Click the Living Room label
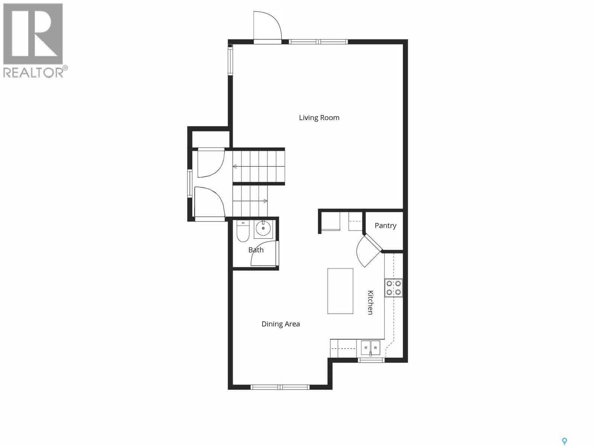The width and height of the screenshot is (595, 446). (319, 118)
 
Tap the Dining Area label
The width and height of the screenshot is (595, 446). (280, 324)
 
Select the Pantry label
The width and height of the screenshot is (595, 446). (385, 226)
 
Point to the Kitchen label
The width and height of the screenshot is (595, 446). (370, 302)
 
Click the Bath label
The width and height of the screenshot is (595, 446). (256, 250)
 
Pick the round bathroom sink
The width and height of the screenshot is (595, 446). (263, 229)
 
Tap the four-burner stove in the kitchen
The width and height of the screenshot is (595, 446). (393, 287)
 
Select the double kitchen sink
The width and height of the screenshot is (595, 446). (371, 348)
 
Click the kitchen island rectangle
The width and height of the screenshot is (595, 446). (340, 291)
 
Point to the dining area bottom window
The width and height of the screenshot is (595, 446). (280, 387)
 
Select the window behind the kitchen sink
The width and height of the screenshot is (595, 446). (371, 360)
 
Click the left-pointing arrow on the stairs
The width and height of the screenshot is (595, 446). (235, 167)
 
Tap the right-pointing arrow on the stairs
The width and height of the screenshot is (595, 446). (265, 201)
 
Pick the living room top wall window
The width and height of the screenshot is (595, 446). (318, 42)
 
